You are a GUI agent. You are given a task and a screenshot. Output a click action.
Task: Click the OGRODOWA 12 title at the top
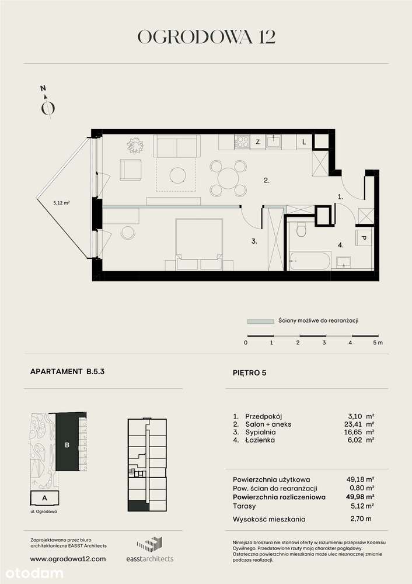click(206, 37)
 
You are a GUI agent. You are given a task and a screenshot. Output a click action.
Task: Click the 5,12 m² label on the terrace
click(61, 203)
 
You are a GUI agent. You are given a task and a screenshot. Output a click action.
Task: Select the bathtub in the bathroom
click(310, 259)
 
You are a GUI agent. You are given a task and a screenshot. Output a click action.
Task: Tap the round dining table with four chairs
click(228, 177)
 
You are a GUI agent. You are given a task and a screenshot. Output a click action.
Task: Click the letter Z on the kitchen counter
click(257, 142)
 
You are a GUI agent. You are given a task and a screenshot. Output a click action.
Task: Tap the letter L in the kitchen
click(304, 142)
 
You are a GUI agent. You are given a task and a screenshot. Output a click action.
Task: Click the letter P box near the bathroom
click(362, 239)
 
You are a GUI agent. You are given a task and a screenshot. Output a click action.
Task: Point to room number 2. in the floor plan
click(266, 181)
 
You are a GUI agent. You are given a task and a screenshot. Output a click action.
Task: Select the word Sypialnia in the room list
click(261, 432)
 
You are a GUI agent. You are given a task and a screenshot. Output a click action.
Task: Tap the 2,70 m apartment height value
click(360, 519)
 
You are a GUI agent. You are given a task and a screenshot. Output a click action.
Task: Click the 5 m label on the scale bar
click(377, 343)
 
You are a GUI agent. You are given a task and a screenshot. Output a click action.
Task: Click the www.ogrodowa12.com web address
click(68, 559)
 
